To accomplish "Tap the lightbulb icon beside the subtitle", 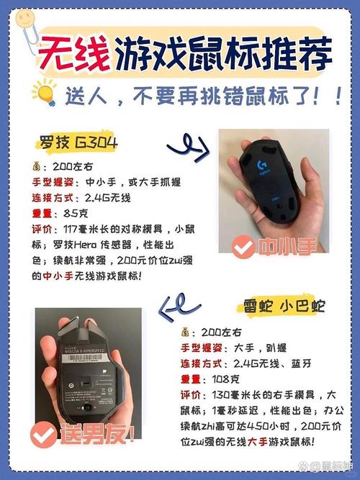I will click(x=44, y=94).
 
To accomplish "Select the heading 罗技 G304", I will click(x=78, y=140).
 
